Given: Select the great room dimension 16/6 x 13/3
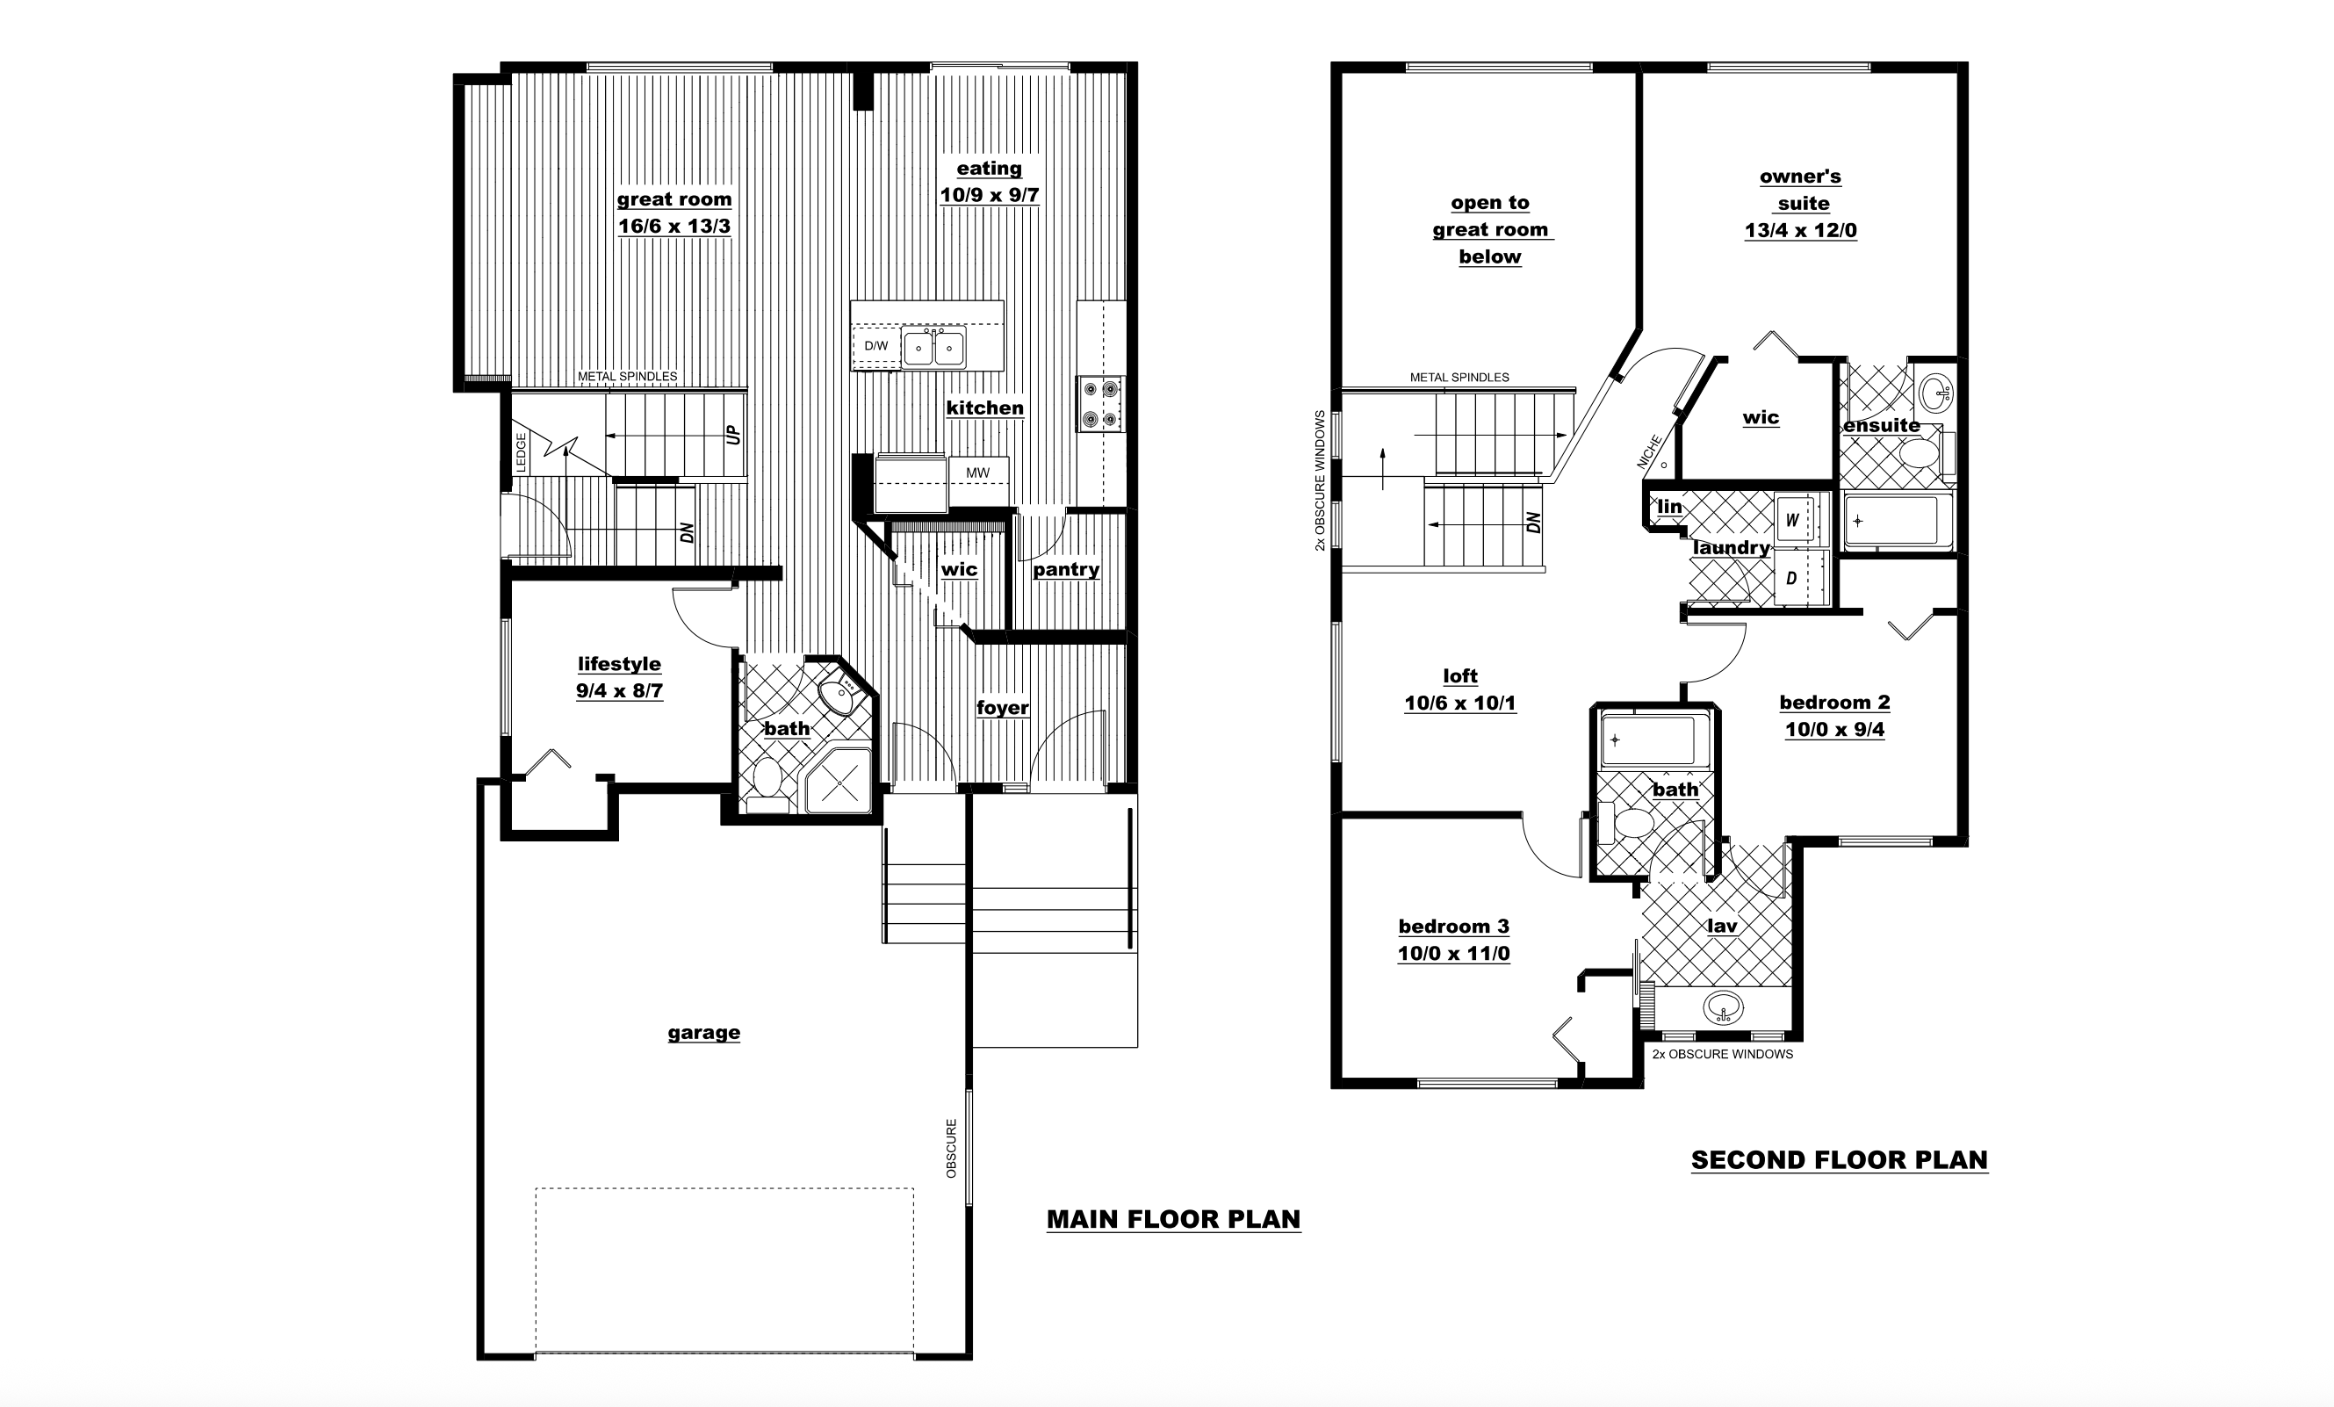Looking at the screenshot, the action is point(674,227).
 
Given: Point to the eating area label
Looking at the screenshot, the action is point(989,169).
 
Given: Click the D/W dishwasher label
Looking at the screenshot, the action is point(876,346).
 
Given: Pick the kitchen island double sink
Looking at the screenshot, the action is point(933,348).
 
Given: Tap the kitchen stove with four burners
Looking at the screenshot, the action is point(1099,404).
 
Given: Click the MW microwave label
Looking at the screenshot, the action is point(977,473).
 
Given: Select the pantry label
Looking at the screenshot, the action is point(1066,569).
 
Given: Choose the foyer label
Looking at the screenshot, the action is point(1002,708).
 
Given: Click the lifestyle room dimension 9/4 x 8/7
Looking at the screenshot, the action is point(619,690).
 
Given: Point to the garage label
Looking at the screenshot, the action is point(703,1033).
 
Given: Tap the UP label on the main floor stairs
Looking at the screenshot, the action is point(733,435).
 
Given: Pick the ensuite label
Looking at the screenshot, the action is point(1881,425).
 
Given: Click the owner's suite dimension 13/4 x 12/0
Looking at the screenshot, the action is point(1801,230).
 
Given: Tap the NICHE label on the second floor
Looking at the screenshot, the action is point(1649,452).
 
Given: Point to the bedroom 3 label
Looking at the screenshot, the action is point(1454,927).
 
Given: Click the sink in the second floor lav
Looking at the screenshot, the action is point(1722,1007).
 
